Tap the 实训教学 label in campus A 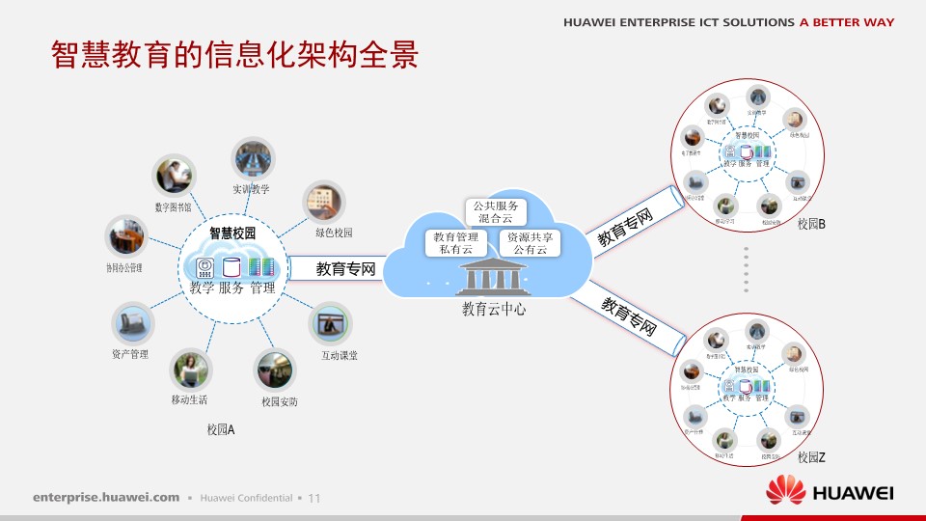252,188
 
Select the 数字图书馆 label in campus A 173,206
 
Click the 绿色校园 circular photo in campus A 324,202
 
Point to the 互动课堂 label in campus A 340,355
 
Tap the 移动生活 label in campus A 189,398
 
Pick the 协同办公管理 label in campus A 123,267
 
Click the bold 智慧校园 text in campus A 232,233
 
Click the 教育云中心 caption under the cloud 493,310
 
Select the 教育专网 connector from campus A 345,269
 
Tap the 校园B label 811,224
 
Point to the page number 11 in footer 313,498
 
